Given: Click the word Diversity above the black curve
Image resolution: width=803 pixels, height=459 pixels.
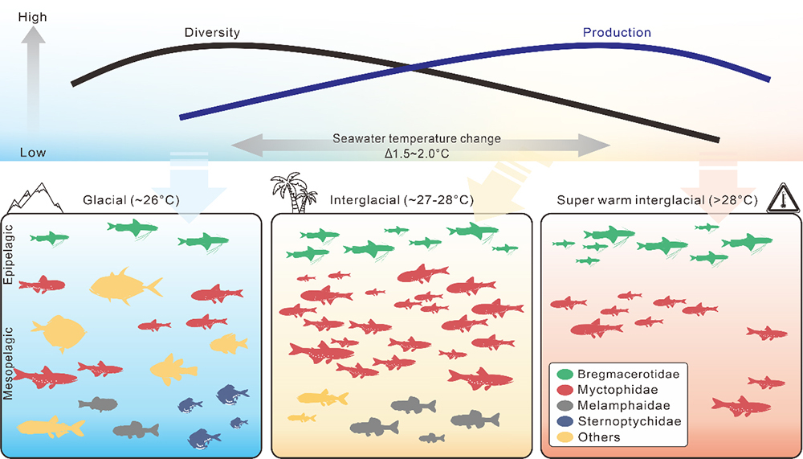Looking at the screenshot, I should (212, 32).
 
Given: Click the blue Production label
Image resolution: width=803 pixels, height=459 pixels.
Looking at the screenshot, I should (616, 32).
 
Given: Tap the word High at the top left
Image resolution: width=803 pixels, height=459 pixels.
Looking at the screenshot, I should (31, 15).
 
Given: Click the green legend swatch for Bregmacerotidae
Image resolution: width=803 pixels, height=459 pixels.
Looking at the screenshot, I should (564, 375).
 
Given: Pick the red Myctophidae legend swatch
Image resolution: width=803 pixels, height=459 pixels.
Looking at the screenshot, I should (564, 390).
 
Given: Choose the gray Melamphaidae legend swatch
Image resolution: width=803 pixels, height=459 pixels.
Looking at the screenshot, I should (564, 406).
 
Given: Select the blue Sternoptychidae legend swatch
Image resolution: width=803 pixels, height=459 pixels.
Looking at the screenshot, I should (564, 421).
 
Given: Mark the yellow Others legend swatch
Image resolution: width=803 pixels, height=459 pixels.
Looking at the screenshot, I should (564, 437).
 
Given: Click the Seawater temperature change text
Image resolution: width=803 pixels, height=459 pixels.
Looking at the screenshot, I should (417, 138).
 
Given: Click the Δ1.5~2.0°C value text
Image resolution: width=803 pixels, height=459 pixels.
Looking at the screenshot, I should (417, 152).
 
